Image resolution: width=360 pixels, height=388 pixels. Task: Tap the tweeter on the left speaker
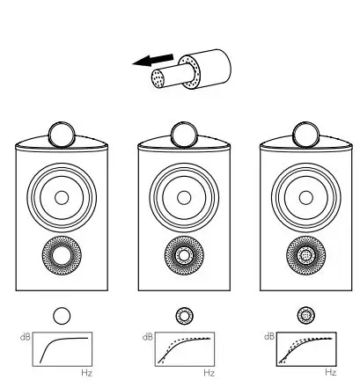(61, 135)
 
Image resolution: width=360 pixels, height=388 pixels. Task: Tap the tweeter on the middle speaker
(183, 135)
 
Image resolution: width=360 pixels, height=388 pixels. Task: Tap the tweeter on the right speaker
(305, 135)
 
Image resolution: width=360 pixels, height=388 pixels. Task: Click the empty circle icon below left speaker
(61, 313)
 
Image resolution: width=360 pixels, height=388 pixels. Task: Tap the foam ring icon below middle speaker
(183, 313)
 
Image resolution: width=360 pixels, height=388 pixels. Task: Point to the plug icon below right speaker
(305, 313)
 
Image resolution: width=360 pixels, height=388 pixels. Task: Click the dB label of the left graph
(25, 337)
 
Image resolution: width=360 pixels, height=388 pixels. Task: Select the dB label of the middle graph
(147, 337)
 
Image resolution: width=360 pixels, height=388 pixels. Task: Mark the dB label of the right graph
(269, 337)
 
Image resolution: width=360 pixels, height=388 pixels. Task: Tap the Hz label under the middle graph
(209, 374)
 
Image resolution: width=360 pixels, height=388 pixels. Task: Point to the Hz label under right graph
(331, 374)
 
